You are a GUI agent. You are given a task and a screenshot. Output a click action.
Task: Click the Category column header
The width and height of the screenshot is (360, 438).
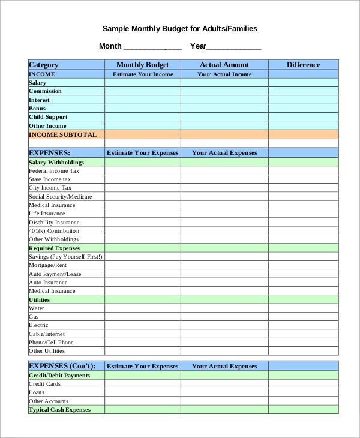[44, 65]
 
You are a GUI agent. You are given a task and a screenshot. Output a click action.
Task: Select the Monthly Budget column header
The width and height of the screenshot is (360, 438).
[143, 65]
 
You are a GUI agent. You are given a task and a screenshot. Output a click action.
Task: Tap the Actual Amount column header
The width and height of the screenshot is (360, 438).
[224, 65]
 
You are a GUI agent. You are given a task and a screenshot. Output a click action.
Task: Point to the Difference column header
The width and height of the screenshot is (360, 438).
[303, 65]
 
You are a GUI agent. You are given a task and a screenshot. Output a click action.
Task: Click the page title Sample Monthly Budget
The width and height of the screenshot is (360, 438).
[180, 28]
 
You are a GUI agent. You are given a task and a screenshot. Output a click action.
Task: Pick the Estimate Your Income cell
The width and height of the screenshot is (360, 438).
[143, 74]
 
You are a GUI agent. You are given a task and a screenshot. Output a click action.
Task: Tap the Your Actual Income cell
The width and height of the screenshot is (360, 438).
[224, 74]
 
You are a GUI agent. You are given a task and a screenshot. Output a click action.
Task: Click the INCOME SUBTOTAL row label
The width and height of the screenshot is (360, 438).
[62, 135]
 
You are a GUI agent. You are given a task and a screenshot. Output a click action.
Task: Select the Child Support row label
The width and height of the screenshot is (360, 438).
[48, 117]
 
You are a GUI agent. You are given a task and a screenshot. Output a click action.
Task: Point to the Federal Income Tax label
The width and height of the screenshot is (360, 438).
[54, 171]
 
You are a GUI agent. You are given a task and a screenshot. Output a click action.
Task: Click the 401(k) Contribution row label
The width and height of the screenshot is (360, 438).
[54, 231]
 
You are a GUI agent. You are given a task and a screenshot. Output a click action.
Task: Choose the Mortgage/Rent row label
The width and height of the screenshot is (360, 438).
[48, 265]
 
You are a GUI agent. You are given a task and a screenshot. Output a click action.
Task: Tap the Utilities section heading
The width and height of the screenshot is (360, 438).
[40, 300]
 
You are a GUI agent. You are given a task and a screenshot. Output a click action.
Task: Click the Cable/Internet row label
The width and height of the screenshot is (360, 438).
[47, 334]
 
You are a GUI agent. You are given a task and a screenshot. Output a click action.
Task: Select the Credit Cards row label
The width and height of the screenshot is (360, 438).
[45, 384]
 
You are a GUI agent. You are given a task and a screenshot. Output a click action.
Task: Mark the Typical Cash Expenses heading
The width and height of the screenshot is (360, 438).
[59, 410]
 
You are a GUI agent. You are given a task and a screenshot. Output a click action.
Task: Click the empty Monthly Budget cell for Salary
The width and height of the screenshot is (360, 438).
[143, 83]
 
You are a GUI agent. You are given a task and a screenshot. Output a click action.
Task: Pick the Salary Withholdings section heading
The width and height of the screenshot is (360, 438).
[56, 163]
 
